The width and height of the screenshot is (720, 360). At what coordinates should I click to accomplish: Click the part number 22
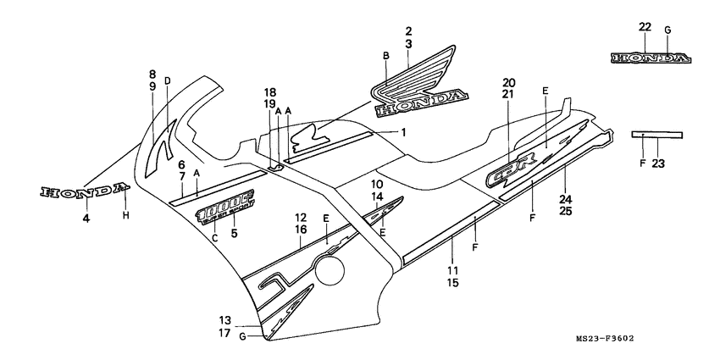pyautogui.click(x=645, y=28)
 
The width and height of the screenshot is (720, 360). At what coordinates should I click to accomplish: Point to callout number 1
pyautogui.click(x=404, y=132)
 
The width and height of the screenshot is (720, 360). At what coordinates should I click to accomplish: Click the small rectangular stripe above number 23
pyautogui.click(x=657, y=133)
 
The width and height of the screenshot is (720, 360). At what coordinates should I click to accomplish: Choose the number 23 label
pyautogui.click(x=657, y=165)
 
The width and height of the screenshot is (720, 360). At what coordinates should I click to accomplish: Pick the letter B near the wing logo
pyautogui.click(x=385, y=56)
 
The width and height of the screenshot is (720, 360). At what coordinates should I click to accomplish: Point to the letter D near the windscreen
pyautogui.click(x=168, y=81)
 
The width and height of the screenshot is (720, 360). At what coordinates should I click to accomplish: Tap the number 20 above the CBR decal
pyautogui.click(x=508, y=83)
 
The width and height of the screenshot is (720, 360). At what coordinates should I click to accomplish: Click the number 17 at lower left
pyautogui.click(x=224, y=333)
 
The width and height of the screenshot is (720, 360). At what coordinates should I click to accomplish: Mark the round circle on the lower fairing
pyautogui.click(x=331, y=272)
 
